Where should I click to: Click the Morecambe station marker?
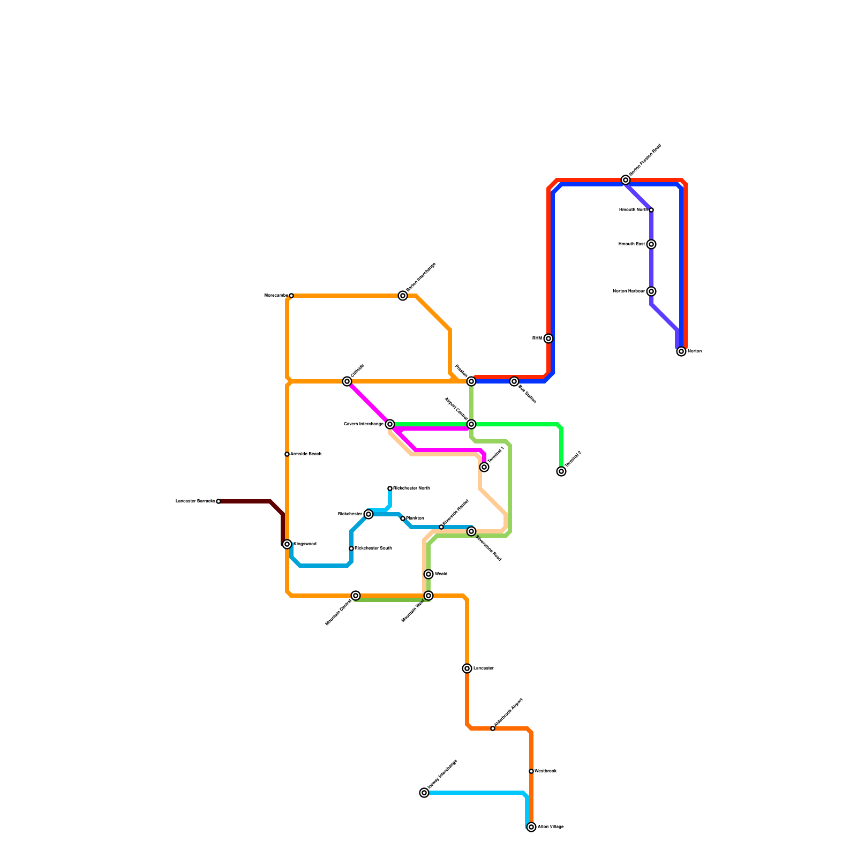coord(291,296)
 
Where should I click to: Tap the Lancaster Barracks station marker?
coord(219,501)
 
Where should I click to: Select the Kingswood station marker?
coord(287,544)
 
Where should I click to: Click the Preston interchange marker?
coord(471,381)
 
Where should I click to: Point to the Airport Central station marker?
coord(471,424)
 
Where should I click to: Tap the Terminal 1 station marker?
coord(484,467)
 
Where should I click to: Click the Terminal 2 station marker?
coord(561,471)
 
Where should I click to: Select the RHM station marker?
coord(548,339)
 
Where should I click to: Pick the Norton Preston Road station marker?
coord(626,180)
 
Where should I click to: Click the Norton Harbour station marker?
coord(651,291)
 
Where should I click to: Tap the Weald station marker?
coord(428,574)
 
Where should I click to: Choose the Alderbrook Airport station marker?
coord(493,728)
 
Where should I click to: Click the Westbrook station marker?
coord(531,771)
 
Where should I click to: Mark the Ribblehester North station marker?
coord(390,488)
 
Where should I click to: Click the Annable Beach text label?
coord(306,454)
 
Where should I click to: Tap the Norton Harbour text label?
coord(628,291)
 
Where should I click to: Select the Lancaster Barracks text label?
coord(195,501)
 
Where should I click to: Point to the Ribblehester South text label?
coord(373,548)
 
